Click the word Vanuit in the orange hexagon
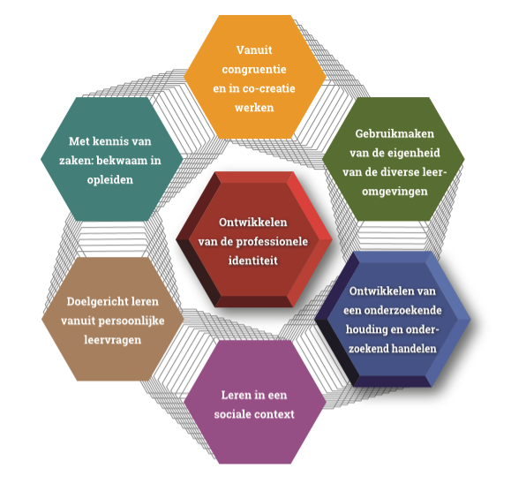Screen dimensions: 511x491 (x=254, y=50)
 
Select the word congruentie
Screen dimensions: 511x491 (x=254, y=70)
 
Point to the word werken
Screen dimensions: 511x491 (x=254, y=108)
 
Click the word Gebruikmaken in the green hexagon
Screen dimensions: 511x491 (x=395, y=133)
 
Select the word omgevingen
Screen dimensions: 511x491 (x=395, y=192)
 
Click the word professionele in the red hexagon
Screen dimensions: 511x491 (x=272, y=242)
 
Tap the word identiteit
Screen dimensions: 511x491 (x=253, y=261)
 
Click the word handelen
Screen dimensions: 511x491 (x=414, y=349)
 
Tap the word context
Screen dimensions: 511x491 (x=274, y=414)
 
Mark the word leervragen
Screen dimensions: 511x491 (x=113, y=340)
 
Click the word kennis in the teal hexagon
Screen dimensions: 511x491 (x=109, y=141)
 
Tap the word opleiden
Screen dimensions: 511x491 (x=110, y=180)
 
